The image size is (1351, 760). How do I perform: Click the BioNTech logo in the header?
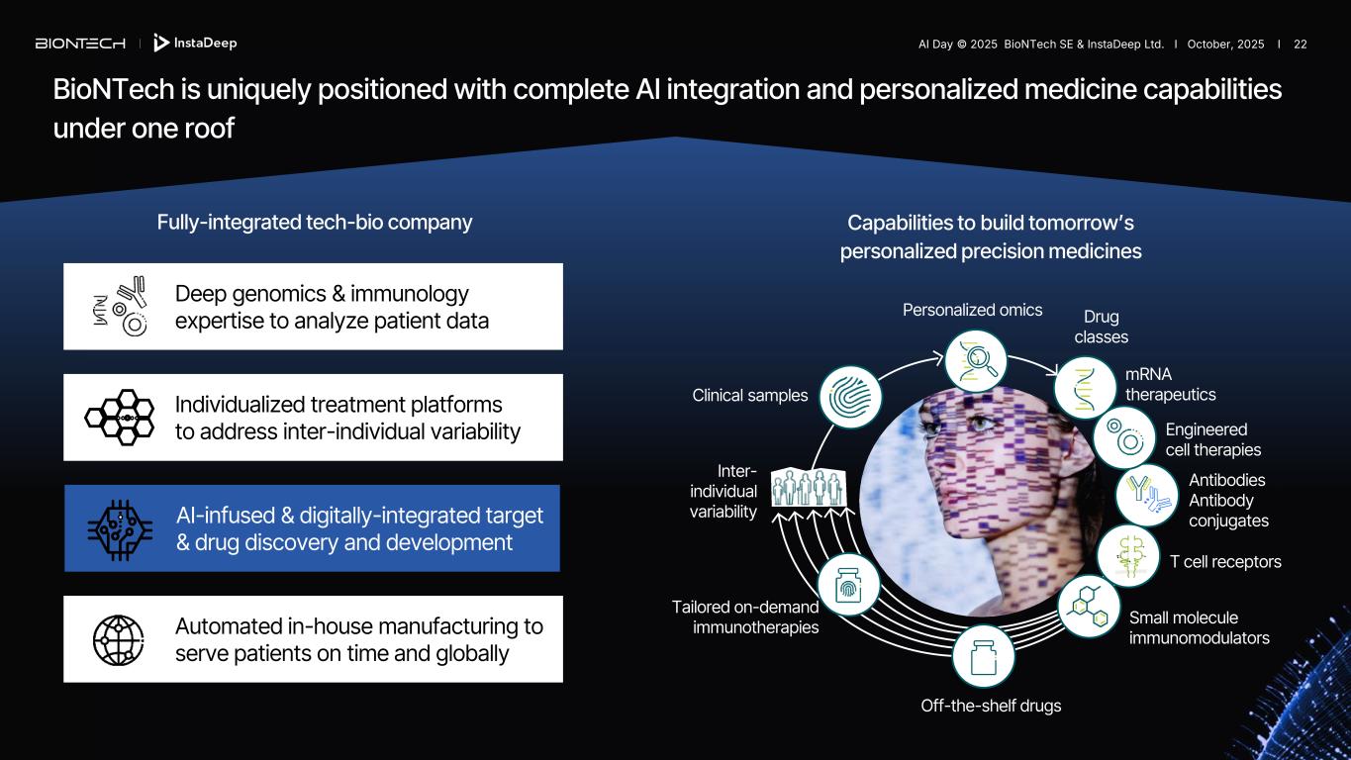80,44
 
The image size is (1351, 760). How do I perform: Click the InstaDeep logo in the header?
196,44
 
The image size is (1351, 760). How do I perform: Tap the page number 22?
1300,45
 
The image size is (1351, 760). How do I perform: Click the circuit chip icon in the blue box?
119,528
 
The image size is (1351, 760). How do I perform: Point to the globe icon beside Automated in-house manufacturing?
119,640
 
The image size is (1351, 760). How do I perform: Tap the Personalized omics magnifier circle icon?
976,359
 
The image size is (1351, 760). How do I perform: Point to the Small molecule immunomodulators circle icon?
1089,606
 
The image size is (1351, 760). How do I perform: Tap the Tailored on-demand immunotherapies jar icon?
848,586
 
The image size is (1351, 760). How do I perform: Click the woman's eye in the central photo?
981,423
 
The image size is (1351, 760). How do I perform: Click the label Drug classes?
1101,327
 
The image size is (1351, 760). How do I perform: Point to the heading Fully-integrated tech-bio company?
315,223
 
